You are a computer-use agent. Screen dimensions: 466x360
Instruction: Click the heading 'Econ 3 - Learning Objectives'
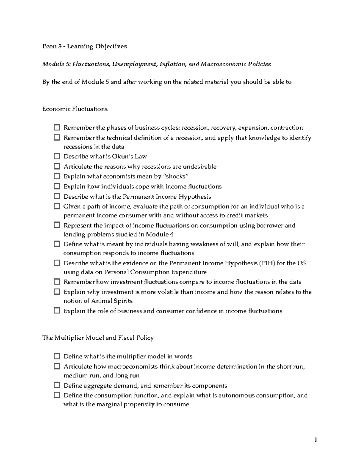tap(85, 46)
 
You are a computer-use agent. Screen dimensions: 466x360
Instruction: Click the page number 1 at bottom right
tap(315, 440)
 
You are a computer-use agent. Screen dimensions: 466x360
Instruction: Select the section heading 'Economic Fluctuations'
tap(75, 109)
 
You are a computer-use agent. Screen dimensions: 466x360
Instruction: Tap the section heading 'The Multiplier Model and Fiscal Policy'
tap(98, 338)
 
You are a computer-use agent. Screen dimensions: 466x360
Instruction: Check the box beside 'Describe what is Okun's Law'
tap(57, 156)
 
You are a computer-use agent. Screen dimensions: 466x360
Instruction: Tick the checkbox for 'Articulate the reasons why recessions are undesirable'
tap(57, 166)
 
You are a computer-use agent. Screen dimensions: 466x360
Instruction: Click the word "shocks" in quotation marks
tap(177, 176)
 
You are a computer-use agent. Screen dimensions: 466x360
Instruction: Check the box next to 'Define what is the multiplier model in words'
tap(57, 356)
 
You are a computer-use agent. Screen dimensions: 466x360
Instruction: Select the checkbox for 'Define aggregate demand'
tap(57, 385)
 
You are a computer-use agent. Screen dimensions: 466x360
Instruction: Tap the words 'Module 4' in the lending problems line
tap(162, 234)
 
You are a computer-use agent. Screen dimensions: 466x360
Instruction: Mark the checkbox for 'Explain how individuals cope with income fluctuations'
tap(57, 186)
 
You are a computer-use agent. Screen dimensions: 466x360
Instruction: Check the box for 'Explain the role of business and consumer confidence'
tap(57, 311)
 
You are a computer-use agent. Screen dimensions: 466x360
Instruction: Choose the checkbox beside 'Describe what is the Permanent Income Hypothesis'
tap(57, 197)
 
